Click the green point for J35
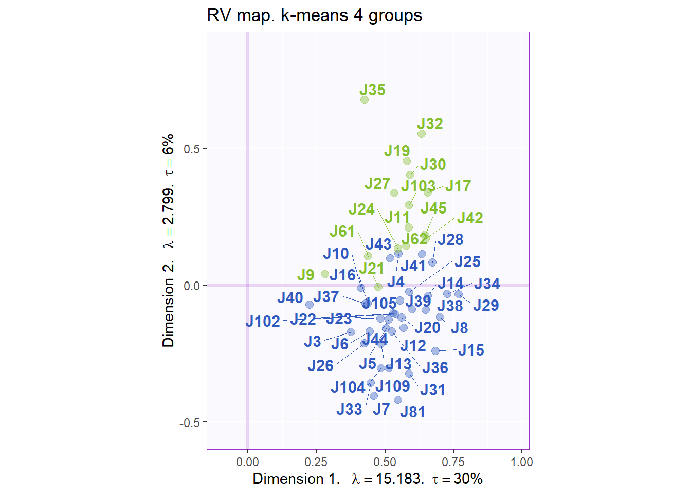tap(365, 100)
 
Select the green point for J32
tap(422, 134)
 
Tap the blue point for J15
tap(435, 351)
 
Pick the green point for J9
tap(325, 274)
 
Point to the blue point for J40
tap(310, 305)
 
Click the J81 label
tap(412, 412)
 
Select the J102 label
tap(263, 322)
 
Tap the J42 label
tap(470, 218)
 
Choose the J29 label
tap(486, 306)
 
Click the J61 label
tap(342, 232)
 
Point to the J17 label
tap(458, 186)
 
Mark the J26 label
tap(320, 366)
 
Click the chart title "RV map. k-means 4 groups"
tap(314, 15)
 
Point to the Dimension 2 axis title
tap(168, 241)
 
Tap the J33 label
tap(349, 410)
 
